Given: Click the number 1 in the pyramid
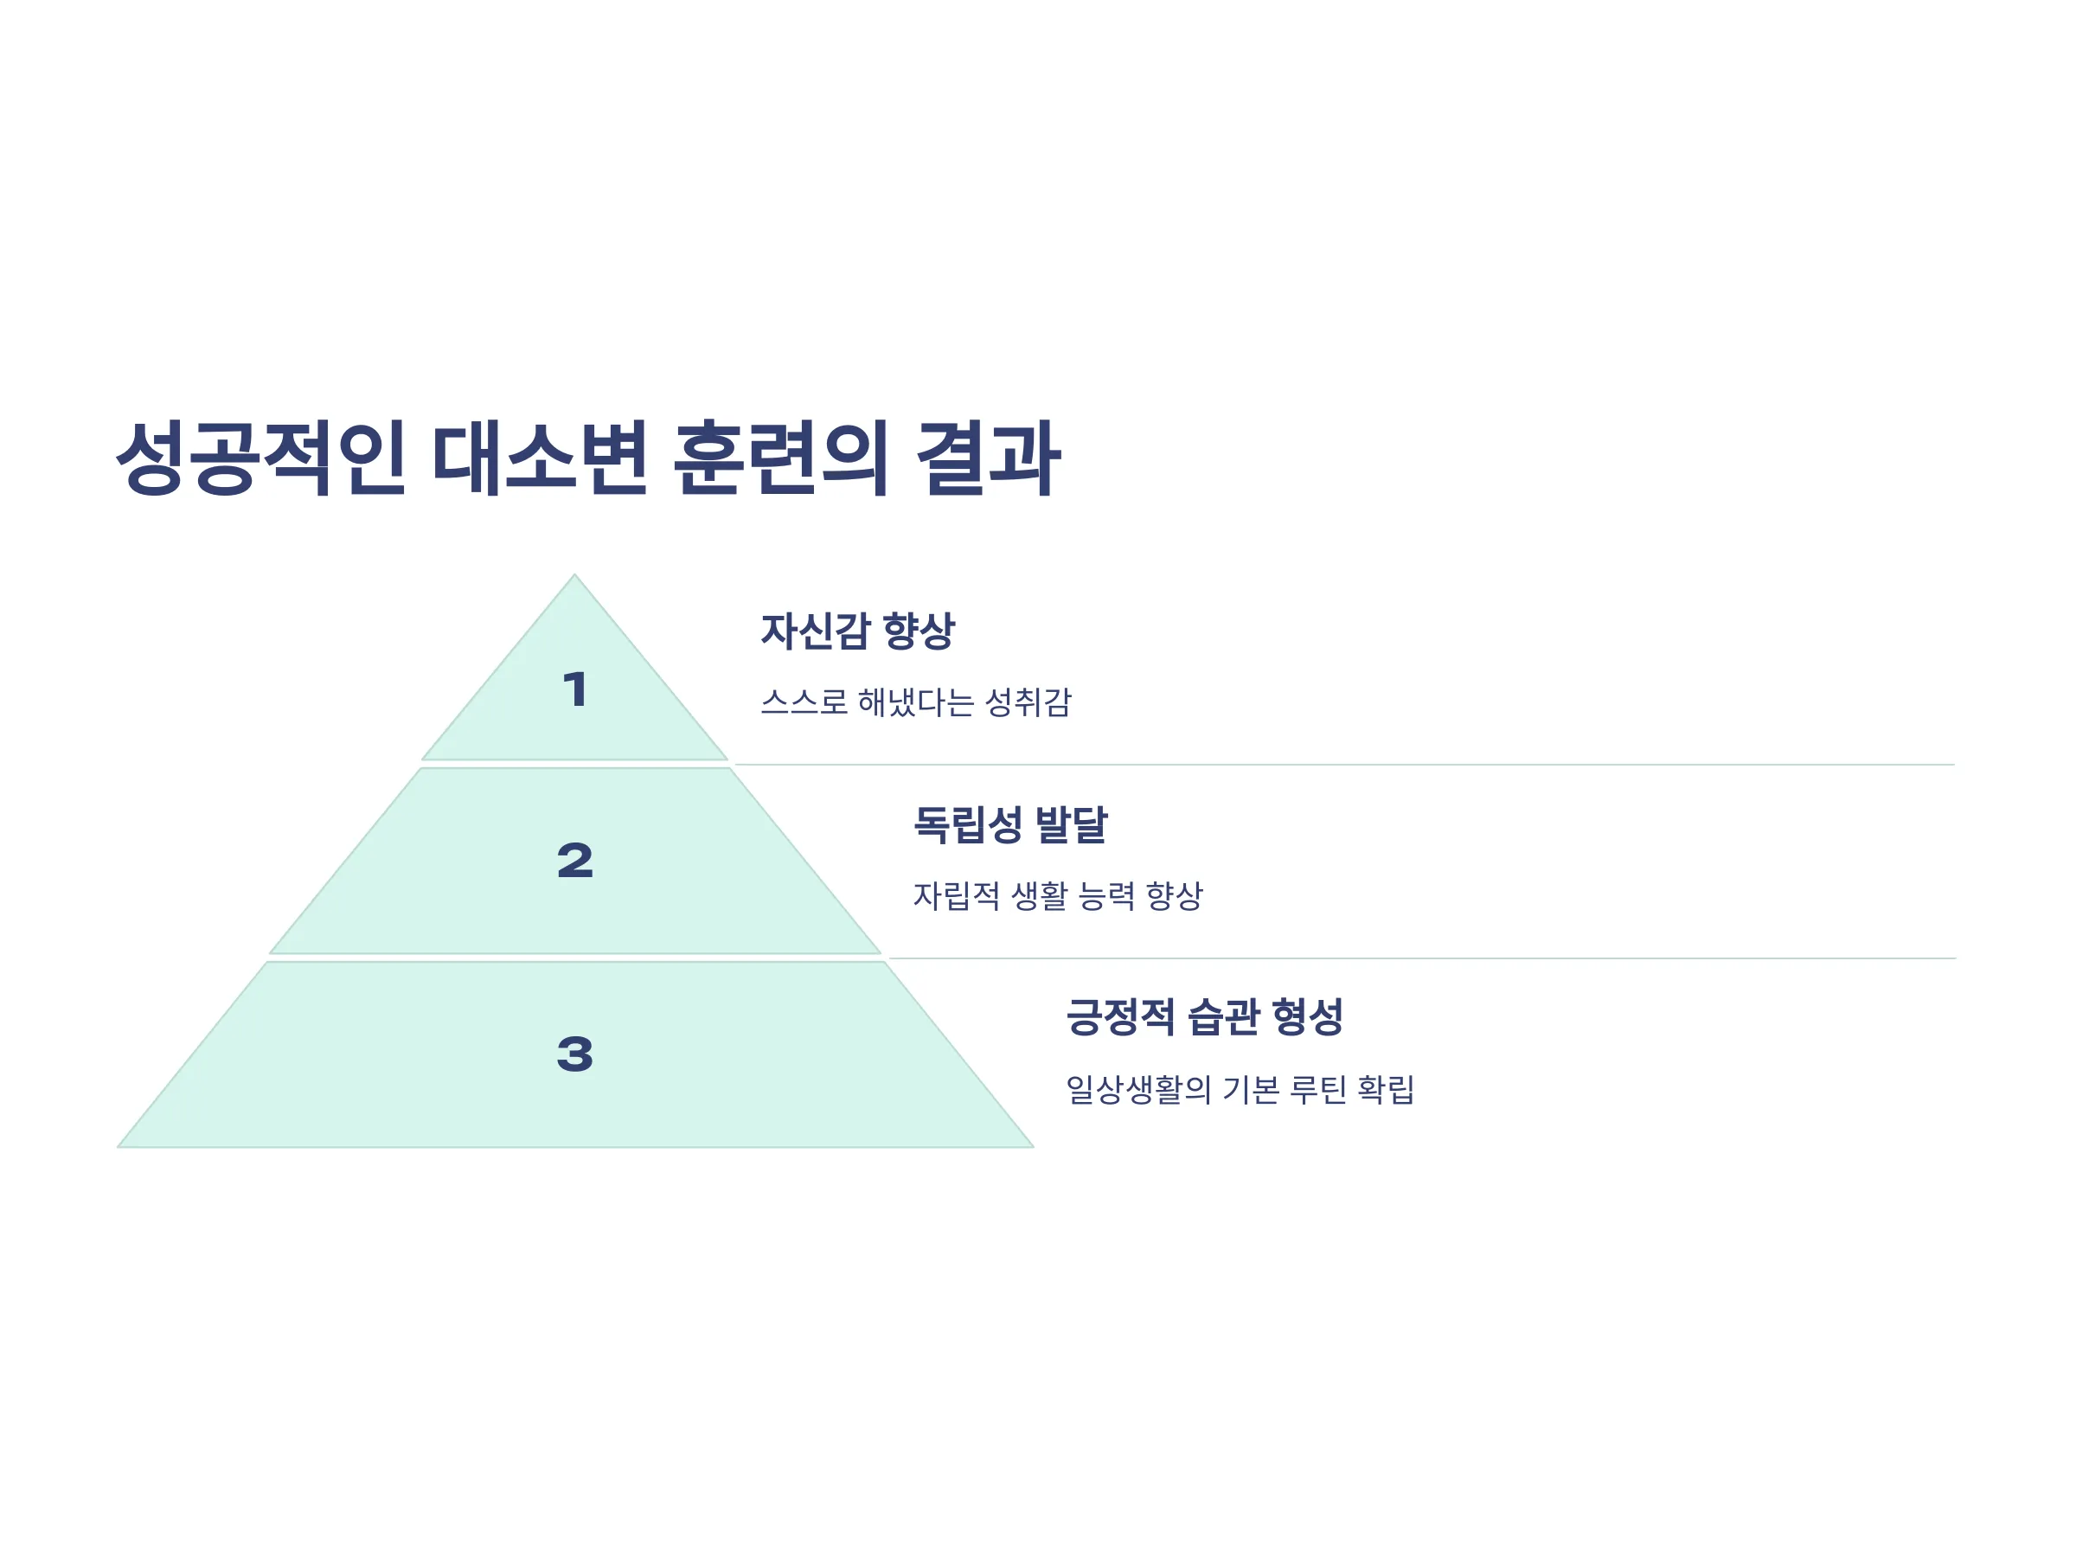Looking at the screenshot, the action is (x=575, y=689).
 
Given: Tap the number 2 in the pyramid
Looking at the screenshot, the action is (x=575, y=861).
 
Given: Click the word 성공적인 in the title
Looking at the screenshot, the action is (x=261, y=458).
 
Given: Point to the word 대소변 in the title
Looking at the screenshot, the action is (x=540, y=458).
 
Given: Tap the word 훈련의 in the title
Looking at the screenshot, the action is (x=781, y=458).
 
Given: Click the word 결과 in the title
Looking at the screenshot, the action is (x=988, y=458).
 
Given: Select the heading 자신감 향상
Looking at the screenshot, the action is (x=858, y=631).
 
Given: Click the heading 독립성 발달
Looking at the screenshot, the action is (x=1011, y=825).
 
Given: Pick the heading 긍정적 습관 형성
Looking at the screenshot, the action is (x=1205, y=1017).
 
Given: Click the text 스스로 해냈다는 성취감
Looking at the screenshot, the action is (x=916, y=702).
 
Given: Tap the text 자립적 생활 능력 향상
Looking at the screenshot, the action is (x=1058, y=895).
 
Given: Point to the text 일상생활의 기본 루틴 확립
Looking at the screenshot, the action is (x=1240, y=1090).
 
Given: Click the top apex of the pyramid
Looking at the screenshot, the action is (x=574, y=574).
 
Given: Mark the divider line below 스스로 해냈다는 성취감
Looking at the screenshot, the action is (x=1344, y=765).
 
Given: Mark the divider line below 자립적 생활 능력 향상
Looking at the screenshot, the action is (x=1422, y=958).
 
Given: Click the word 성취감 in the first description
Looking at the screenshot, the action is (x=1028, y=702).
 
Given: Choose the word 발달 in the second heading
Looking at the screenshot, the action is (x=1072, y=825).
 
